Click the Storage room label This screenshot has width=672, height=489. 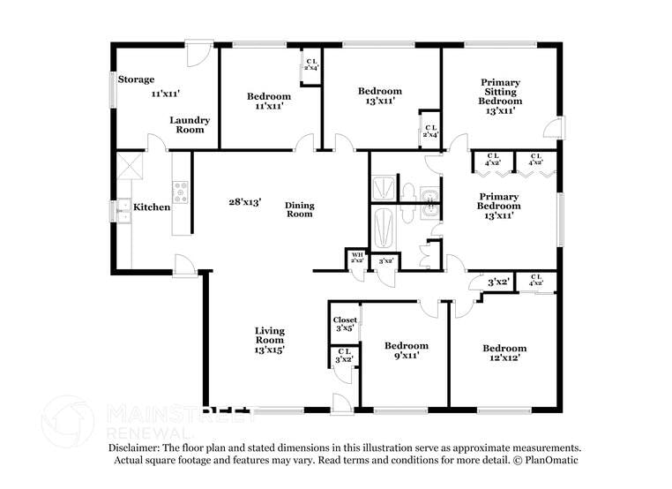(137, 79)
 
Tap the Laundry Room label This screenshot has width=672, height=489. (188, 124)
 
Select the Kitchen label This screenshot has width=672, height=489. (152, 207)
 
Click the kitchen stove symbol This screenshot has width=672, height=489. (180, 192)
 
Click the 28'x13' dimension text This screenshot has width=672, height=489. (245, 202)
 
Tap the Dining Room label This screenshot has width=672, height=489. (299, 210)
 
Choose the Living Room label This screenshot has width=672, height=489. (269, 340)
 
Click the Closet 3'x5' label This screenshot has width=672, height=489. (345, 325)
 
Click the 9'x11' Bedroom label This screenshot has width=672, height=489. (406, 350)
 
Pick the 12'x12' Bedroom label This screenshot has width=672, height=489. (504, 352)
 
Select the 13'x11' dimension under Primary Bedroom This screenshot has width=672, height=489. (499, 214)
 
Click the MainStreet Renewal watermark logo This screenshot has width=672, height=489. (69, 421)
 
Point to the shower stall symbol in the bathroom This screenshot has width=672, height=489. (385, 188)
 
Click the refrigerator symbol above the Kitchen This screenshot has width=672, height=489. (130, 167)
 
